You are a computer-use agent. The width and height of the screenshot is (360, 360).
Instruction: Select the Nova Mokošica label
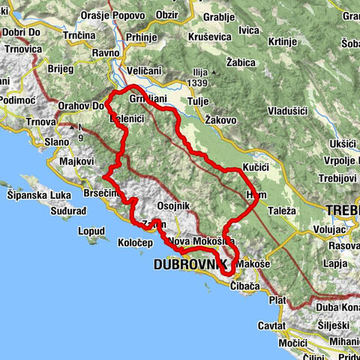(202, 242)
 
